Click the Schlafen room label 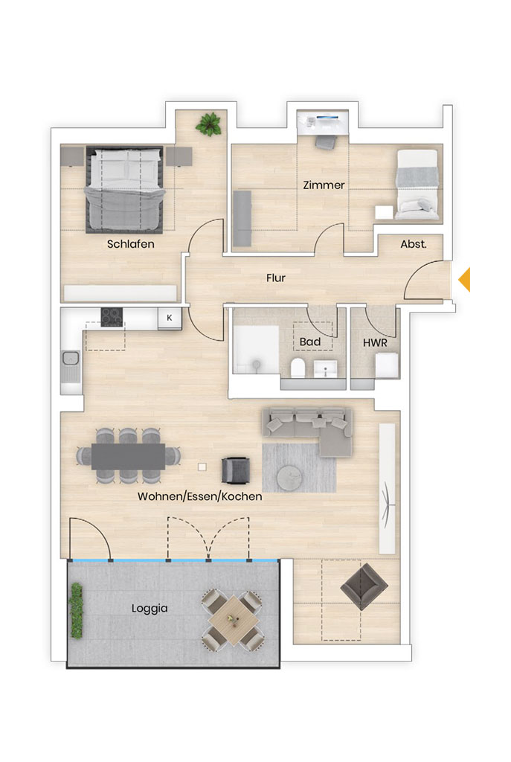[131, 244]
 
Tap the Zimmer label [324, 185]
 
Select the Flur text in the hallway [275, 278]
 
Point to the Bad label [310, 342]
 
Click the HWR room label [375, 342]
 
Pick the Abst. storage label [414, 244]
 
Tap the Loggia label [150, 609]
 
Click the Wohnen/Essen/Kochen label [199, 496]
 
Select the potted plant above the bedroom [208, 124]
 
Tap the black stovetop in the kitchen [112, 317]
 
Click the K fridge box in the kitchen [170, 318]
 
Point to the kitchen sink [71, 365]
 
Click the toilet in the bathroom [298, 368]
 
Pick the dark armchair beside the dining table [236, 470]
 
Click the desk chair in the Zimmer [326, 142]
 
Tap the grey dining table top [128, 456]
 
